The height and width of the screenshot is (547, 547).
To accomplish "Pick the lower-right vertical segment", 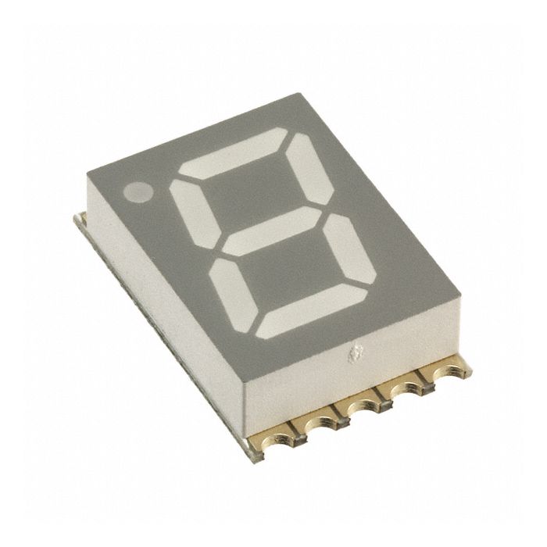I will pos(344,249).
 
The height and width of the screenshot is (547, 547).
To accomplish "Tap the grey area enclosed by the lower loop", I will pos(285,273).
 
